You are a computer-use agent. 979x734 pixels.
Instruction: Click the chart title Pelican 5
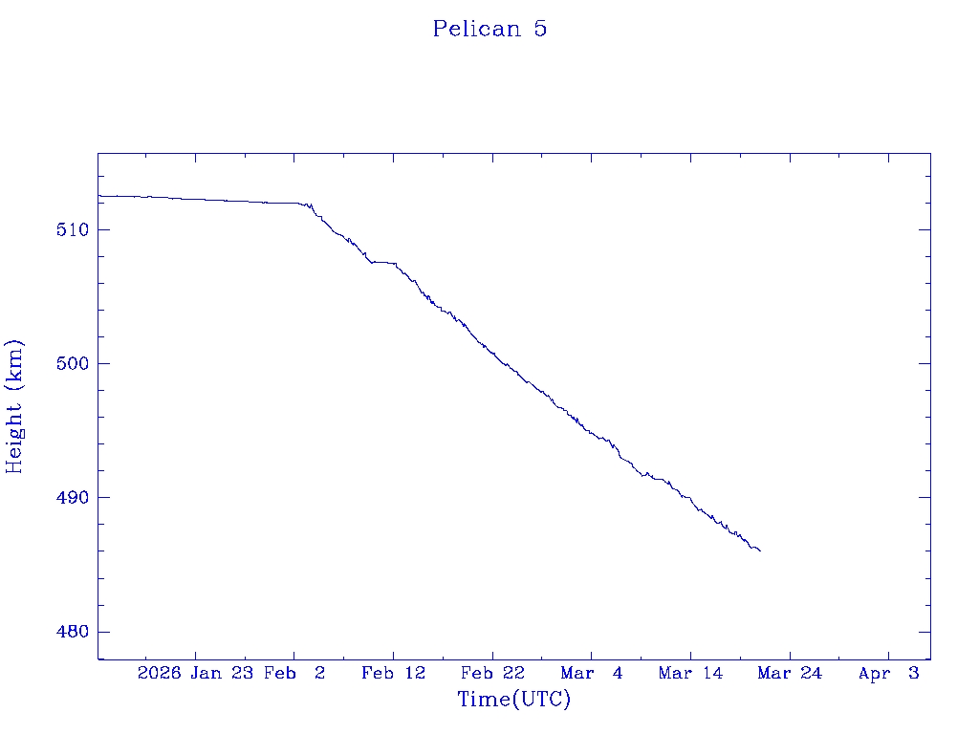(x=489, y=29)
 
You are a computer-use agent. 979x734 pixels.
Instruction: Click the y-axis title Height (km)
(x=14, y=406)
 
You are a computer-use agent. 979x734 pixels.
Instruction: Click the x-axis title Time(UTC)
(x=514, y=700)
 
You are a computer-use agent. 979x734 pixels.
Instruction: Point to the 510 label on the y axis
(x=72, y=230)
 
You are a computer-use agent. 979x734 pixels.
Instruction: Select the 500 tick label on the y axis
(x=72, y=364)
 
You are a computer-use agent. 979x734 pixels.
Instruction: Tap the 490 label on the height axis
(x=72, y=498)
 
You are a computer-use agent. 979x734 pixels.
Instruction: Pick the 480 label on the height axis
(x=72, y=632)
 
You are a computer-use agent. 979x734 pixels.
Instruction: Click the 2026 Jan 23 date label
(x=195, y=674)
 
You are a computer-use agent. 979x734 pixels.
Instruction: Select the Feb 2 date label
(x=294, y=674)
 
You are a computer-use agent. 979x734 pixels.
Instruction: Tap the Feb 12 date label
(x=393, y=674)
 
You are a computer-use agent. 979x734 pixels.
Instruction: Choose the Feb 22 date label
(x=492, y=674)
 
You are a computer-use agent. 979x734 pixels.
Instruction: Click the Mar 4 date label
(x=592, y=674)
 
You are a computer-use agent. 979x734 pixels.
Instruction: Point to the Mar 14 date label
(x=690, y=674)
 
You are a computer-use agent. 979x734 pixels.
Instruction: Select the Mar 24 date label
(x=790, y=674)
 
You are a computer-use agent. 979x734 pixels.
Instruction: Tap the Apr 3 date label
(x=889, y=674)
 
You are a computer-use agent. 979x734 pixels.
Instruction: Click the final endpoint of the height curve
(x=760, y=550)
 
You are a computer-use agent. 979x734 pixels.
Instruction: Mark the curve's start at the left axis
(x=98, y=196)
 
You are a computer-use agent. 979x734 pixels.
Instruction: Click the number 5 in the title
(x=540, y=29)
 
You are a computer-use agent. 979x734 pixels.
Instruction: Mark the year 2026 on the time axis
(x=159, y=674)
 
